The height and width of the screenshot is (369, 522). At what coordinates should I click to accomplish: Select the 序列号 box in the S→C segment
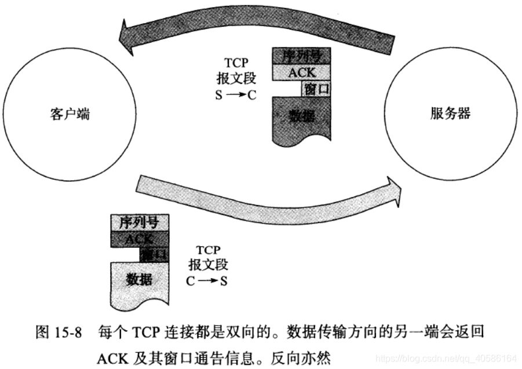tap(301, 56)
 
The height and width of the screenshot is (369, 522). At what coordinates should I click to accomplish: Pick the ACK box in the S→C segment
tap(301, 72)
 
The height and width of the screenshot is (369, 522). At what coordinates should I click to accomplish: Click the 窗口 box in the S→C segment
tap(316, 89)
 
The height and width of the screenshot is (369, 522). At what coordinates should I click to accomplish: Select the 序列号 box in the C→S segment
tap(139, 222)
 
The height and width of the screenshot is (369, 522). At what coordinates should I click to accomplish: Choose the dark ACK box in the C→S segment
tap(139, 238)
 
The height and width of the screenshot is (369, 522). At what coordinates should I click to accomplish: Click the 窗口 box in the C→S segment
tap(154, 254)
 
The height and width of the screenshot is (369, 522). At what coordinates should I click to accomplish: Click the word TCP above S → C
tap(235, 62)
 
